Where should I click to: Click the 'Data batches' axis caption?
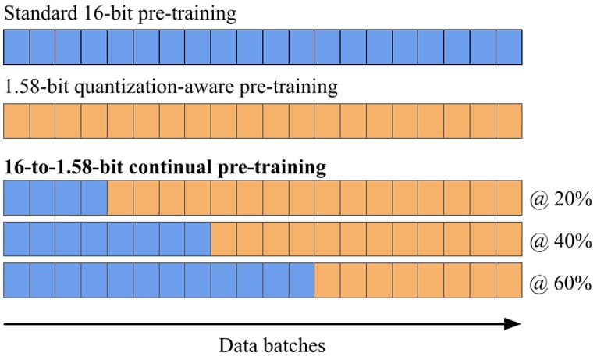click(x=271, y=344)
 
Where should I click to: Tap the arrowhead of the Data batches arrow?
click(x=513, y=322)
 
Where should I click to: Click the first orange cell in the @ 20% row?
click(x=120, y=197)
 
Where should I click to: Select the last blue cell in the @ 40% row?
click(x=198, y=239)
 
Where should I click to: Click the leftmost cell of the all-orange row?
click(x=16, y=121)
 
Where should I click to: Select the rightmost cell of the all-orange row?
click(x=508, y=121)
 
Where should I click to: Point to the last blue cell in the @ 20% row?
click(x=94, y=197)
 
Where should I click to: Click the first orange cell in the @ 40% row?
click(x=224, y=239)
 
